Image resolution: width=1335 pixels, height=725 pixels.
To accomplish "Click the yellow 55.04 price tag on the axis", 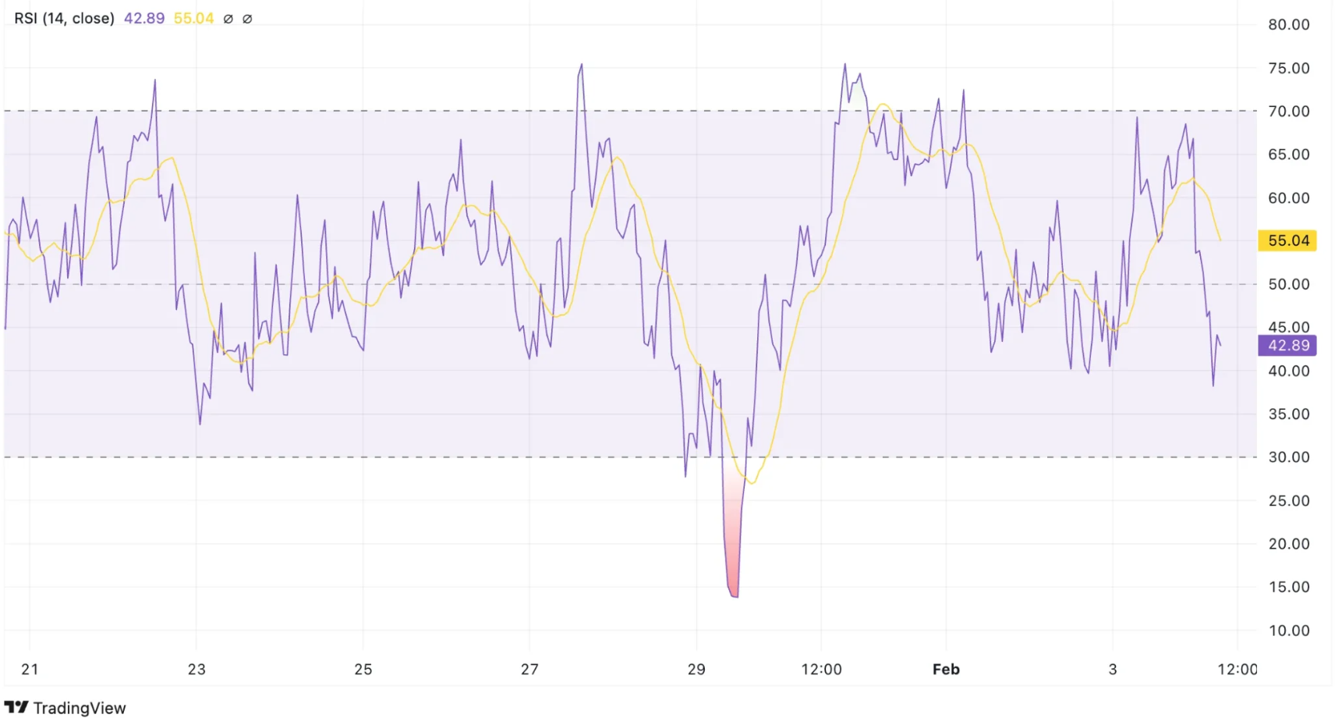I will coord(1287,240).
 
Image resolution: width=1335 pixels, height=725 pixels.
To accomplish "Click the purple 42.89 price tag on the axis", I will coord(1287,346).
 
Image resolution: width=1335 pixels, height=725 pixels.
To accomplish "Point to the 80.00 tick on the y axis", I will coord(1288,25).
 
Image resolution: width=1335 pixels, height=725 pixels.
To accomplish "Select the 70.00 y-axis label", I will coord(1288,112).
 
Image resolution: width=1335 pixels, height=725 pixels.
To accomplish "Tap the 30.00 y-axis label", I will coord(1288,457).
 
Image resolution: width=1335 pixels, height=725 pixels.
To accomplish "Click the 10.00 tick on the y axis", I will coord(1288,631).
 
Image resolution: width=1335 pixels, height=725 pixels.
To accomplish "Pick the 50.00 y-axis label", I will coord(1288,285).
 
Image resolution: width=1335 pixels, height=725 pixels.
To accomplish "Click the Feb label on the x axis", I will coord(946,670).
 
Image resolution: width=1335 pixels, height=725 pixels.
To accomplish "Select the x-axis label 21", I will coord(30,670).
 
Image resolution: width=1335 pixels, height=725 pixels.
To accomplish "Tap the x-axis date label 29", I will coord(696,670).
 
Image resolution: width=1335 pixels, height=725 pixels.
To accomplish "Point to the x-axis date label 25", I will coord(363,670).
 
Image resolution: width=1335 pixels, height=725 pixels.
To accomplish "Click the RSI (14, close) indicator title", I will coord(64,18).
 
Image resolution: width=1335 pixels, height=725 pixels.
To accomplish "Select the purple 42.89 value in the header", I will coord(144,18).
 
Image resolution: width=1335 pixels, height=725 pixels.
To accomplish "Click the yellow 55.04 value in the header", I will coord(193,18).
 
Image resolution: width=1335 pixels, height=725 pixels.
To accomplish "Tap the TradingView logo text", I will coord(79,708).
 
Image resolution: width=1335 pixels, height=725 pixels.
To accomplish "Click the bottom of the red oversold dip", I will coord(734,595).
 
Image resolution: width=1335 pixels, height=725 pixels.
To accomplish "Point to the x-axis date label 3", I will coord(1113,670).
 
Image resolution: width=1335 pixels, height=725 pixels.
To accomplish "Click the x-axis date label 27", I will coord(529,670).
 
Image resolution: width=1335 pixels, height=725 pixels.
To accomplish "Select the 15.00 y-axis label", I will coord(1288,587).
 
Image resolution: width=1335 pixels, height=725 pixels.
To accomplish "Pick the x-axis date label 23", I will coord(197,670).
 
